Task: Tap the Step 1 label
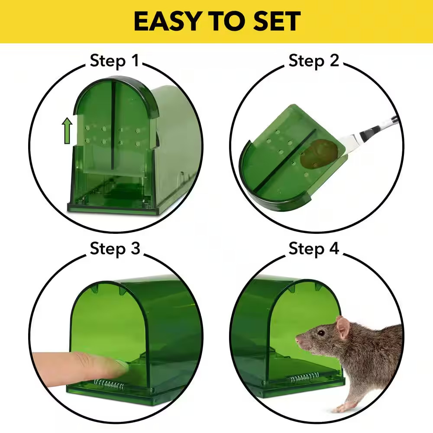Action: (x=115, y=61)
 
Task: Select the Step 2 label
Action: (x=314, y=61)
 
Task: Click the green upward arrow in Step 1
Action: (x=68, y=132)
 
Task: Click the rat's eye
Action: (x=321, y=333)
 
